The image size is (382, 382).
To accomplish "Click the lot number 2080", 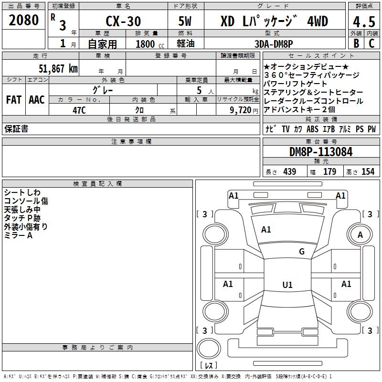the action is (x=24, y=21).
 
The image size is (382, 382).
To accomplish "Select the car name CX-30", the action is (x=122, y=22).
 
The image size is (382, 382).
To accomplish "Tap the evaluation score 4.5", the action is (x=363, y=22).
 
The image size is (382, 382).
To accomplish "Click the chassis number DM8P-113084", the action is (x=321, y=152).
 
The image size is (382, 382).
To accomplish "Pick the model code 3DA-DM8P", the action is (x=274, y=43).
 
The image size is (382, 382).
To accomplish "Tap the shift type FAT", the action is (x=13, y=99).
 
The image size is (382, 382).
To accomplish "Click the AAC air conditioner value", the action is (x=37, y=99).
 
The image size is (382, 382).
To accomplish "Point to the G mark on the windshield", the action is (x=302, y=252).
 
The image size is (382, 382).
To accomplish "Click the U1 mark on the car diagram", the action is (x=287, y=285).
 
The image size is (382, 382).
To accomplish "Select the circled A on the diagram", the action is (x=361, y=234).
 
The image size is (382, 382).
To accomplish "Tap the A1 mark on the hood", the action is (x=266, y=230).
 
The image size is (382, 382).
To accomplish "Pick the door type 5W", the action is (x=186, y=22).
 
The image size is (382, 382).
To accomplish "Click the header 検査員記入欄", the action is (x=97, y=184).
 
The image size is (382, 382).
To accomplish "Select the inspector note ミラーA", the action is (x=18, y=235).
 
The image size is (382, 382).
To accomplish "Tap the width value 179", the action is (x=329, y=172).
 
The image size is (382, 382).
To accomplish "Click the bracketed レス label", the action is (x=208, y=365).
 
